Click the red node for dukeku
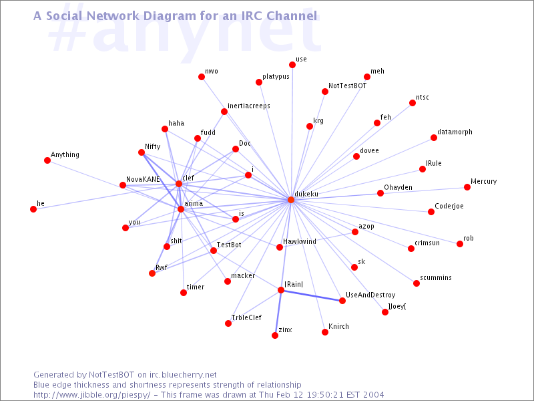pyautogui.click(x=291, y=200)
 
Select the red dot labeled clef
pyautogui.click(x=179, y=184)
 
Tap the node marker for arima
pyautogui.click(x=181, y=209)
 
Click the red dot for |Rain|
pyautogui.click(x=281, y=290)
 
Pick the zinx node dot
pyautogui.click(x=275, y=336)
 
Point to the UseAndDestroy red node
pyautogui.click(x=342, y=301)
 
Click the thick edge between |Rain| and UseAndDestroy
pyautogui.click(x=312, y=295)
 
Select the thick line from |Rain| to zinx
pyautogui.click(x=278, y=313)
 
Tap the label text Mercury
pyautogui.click(x=483, y=181)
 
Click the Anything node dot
pyautogui.click(x=47, y=160)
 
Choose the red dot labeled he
pyautogui.click(x=33, y=209)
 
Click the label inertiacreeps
pyautogui.click(x=249, y=106)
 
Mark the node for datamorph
pyautogui.click(x=434, y=138)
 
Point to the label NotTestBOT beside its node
pyautogui.click(x=347, y=86)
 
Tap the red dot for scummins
pyautogui.click(x=417, y=283)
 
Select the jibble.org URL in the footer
pyautogui.click(x=91, y=395)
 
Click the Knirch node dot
pyautogui.click(x=325, y=332)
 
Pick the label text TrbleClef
pyautogui.click(x=246, y=317)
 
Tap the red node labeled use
pyautogui.click(x=292, y=65)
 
